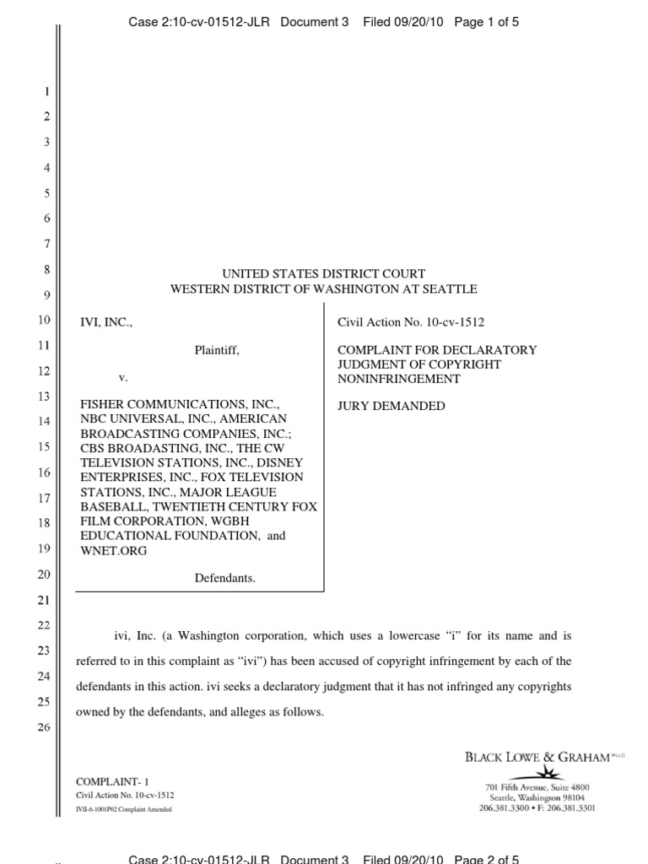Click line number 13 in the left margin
pyautogui.click(x=46, y=397)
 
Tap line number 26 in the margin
pyautogui.click(x=46, y=727)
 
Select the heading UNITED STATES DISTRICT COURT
pyautogui.click(x=323, y=273)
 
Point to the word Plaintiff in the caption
pyautogui.click(x=217, y=349)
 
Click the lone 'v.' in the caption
pyautogui.click(x=123, y=376)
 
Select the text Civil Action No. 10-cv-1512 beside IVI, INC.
pyautogui.click(x=411, y=322)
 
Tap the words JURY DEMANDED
pyautogui.click(x=391, y=406)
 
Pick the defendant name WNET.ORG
pyautogui.click(x=113, y=551)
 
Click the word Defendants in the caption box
pyautogui.click(x=225, y=578)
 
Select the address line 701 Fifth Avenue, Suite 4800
pyautogui.click(x=537, y=787)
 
